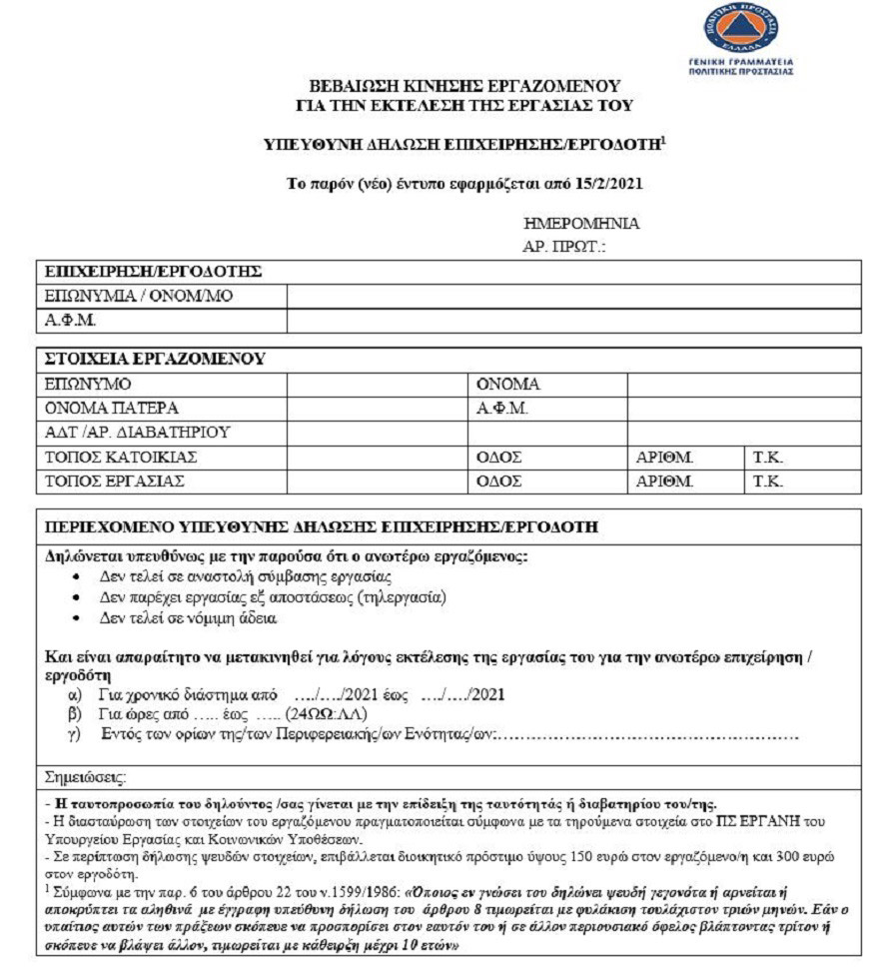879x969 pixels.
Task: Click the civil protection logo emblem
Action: coord(742,31)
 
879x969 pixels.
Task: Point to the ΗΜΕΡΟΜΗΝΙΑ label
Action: coord(580,224)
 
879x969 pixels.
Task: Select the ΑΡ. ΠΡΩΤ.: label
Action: coord(564,246)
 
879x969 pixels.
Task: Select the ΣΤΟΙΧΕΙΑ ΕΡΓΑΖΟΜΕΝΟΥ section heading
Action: coord(154,359)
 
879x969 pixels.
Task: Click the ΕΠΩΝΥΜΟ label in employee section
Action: coord(89,384)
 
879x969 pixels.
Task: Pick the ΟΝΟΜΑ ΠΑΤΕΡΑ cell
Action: coord(113,409)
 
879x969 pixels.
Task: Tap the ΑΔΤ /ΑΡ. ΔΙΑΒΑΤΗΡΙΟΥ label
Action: coord(139,433)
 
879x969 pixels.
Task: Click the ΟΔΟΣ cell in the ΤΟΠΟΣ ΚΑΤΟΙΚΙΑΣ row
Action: coord(499,458)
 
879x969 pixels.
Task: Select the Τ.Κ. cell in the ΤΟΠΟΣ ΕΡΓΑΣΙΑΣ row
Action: coord(768,482)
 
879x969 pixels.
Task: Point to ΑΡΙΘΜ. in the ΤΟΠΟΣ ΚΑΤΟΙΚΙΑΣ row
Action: coord(665,458)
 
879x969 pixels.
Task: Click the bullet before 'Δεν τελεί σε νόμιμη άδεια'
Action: coord(78,618)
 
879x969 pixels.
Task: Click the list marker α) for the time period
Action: coord(74,694)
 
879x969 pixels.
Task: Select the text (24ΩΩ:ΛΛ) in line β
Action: coord(326,714)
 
